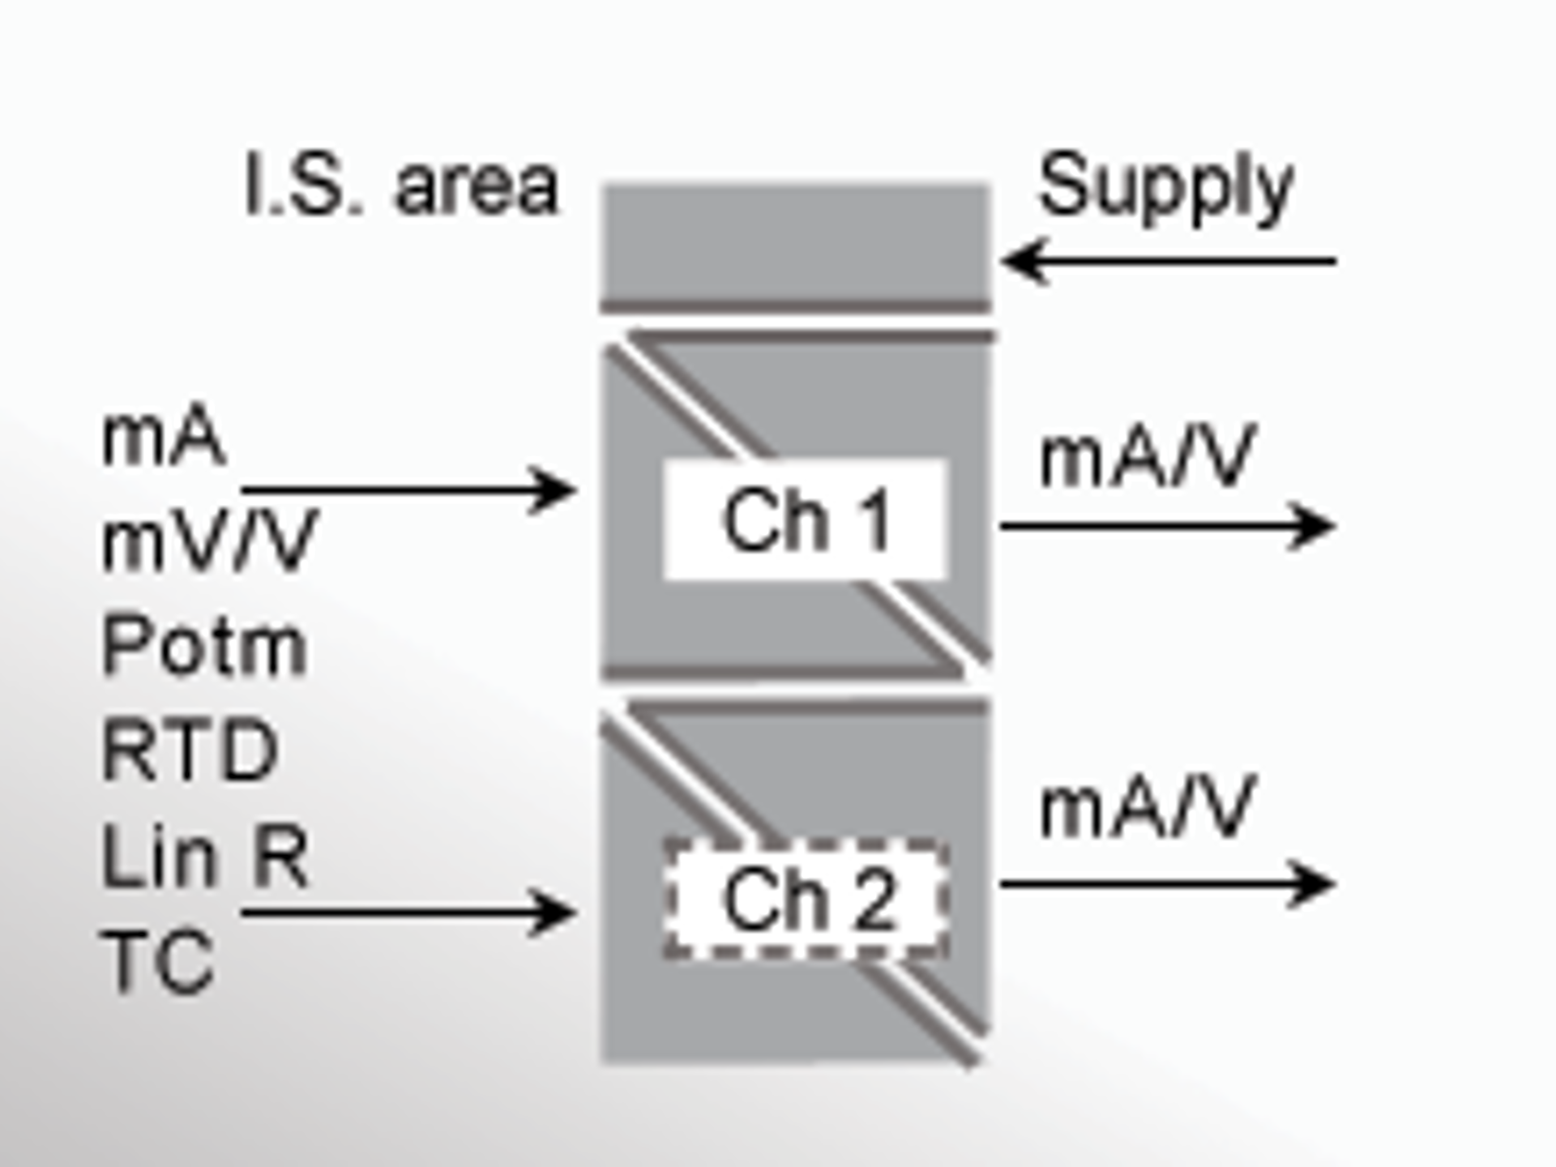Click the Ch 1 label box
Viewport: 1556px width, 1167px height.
(x=805, y=519)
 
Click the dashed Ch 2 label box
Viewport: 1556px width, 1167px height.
(x=805, y=899)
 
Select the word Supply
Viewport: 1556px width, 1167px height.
(x=1165, y=188)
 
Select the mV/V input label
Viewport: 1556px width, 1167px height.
(x=209, y=541)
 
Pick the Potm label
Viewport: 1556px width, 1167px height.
(x=204, y=646)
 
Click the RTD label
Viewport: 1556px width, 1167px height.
(x=190, y=750)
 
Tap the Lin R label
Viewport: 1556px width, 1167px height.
(x=204, y=856)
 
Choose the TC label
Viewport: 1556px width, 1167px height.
(x=158, y=961)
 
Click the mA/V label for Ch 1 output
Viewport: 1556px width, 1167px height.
(x=1148, y=458)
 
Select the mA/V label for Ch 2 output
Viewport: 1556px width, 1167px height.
(x=1148, y=808)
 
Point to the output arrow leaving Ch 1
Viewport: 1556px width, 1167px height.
(x=1167, y=527)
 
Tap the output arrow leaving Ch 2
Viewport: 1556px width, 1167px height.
(x=1167, y=883)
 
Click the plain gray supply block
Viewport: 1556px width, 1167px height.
(x=794, y=243)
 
